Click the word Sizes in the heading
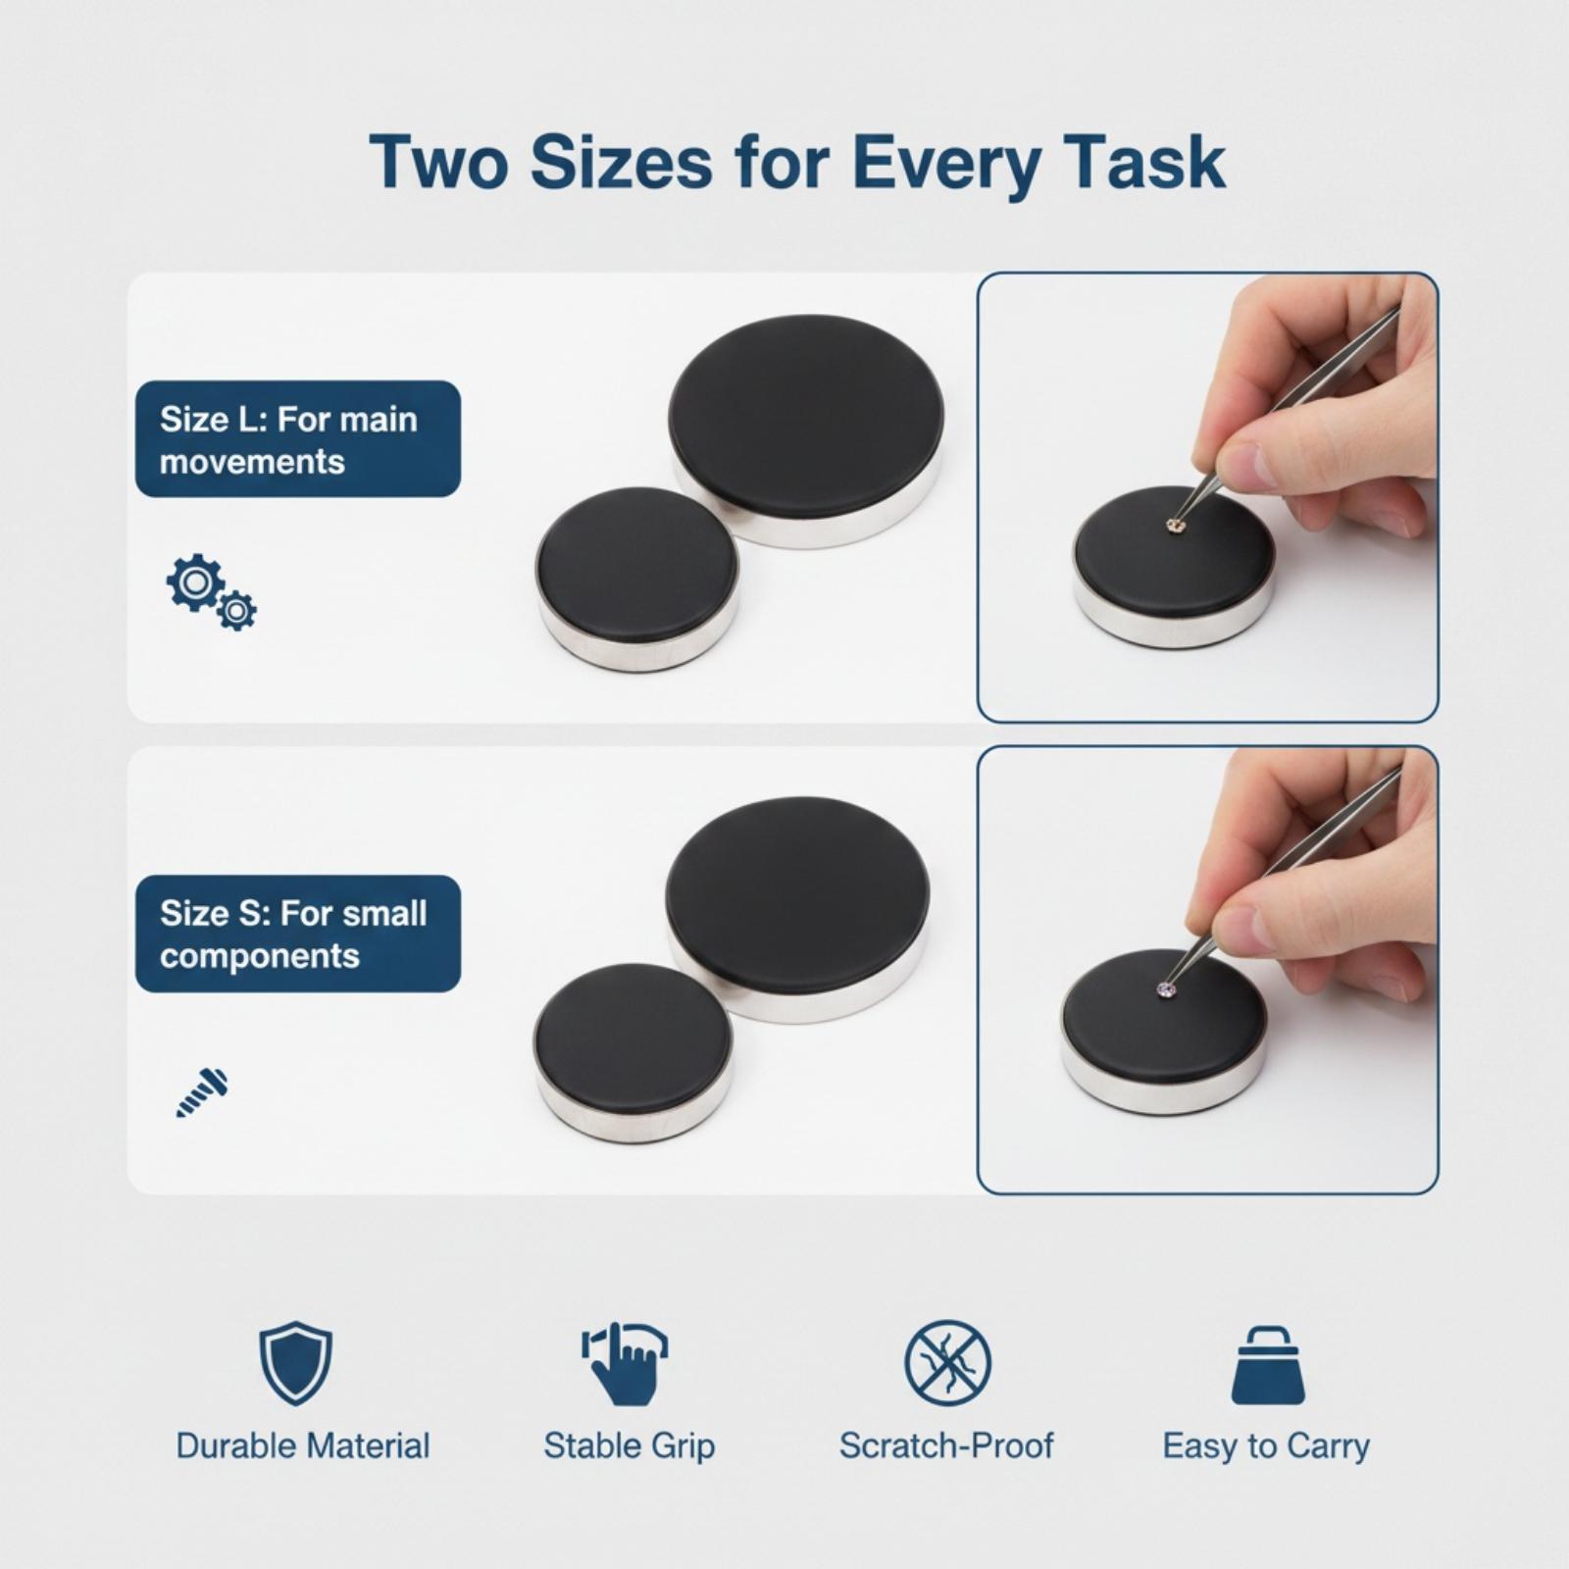pos(622,162)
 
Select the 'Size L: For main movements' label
pos(298,439)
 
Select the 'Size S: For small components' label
pos(298,934)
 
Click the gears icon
pos(211,591)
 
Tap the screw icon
pos(202,1092)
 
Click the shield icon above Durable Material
pos(295,1363)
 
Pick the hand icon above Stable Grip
pos(626,1363)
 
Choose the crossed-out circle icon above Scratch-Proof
pos(947,1363)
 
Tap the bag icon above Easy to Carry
pos(1268,1365)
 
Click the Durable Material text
pos(303,1446)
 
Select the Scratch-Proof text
pos(947,1446)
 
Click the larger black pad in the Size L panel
pos(806,430)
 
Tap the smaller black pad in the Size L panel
pos(637,579)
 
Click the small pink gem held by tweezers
pos(1166,988)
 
